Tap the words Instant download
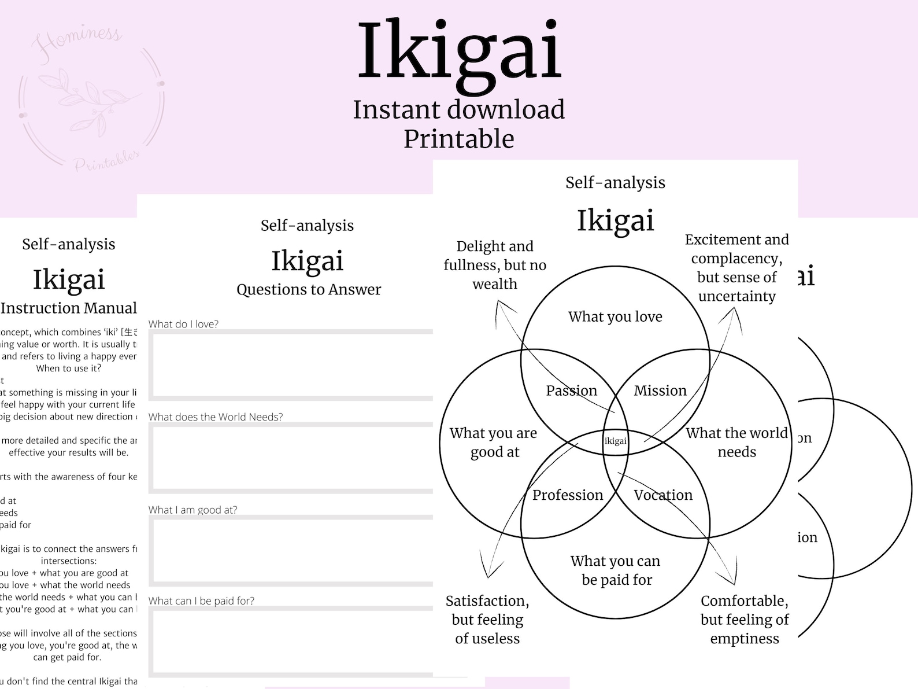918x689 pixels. click(459, 110)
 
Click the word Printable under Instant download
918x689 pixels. click(459, 139)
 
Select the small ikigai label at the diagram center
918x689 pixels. click(615, 441)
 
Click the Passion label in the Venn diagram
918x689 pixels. click(571, 390)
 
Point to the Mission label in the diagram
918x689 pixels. click(660, 390)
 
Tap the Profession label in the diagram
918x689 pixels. click(567, 495)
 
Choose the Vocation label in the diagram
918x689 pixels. click(662, 495)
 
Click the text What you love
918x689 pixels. click(615, 316)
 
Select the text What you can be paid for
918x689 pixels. click(616, 570)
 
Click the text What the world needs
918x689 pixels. click(736, 442)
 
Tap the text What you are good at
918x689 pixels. click(494, 442)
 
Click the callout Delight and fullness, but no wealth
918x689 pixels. click(495, 265)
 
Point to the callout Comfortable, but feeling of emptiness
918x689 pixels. click(744, 620)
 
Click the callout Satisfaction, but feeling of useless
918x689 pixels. click(487, 620)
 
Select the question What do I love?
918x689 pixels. click(183, 324)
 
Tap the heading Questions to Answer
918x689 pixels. click(309, 289)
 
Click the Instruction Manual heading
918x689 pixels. click(68, 308)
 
